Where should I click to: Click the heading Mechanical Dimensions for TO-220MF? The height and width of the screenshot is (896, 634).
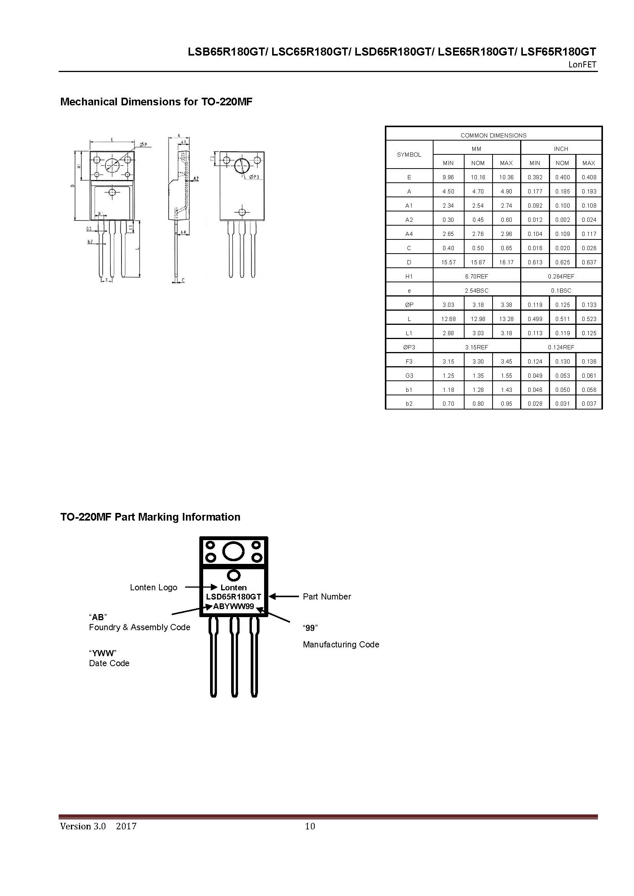click(156, 102)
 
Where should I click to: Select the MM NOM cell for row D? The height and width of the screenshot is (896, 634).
click(478, 262)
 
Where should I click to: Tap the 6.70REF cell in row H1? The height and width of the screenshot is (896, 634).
click(476, 276)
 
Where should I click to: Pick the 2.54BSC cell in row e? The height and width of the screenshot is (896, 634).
click(476, 291)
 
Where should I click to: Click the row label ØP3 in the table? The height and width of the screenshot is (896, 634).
click(409, 347)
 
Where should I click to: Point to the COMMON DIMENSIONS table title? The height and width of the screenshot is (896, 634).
click(493, 135)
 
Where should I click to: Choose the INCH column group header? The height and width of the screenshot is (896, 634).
click(561, 149)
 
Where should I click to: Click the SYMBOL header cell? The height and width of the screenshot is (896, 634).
click(409, 155)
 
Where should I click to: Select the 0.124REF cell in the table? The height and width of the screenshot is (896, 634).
click(561, 347)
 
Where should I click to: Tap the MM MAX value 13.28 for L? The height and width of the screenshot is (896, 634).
click(506, 319)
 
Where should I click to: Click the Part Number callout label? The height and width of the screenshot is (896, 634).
click(327, 597)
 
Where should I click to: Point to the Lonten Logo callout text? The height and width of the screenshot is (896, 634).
click(153, 588)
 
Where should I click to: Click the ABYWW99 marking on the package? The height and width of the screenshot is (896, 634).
click(233, 606)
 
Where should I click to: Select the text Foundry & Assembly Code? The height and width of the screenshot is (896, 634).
click(140, 627)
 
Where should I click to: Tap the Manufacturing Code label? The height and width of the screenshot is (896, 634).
click(341, 645)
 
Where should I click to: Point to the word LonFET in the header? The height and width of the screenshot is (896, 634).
click(582, 65)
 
